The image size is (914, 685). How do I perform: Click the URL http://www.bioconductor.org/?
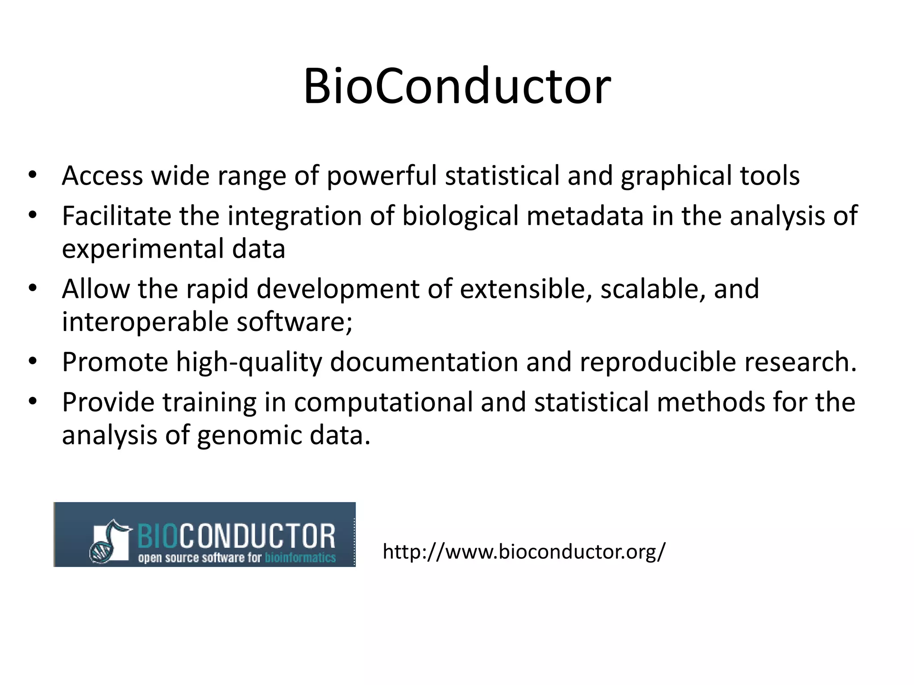click(x=524, y=552)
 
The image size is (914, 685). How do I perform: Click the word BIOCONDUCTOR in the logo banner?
click(x=236, y=536)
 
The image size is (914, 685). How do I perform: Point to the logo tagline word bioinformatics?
click(x=300, y=558)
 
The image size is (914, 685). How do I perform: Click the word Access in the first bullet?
click(x=102, y=175)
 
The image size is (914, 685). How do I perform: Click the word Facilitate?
click(x=116, y=216)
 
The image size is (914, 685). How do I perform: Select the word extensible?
click(x=526, y=289)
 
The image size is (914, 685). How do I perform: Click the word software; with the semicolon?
click(x=295, y=322)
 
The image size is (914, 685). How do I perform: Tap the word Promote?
click(x=115, y=362)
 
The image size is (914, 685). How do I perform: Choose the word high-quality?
click(x=249, y=362)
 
